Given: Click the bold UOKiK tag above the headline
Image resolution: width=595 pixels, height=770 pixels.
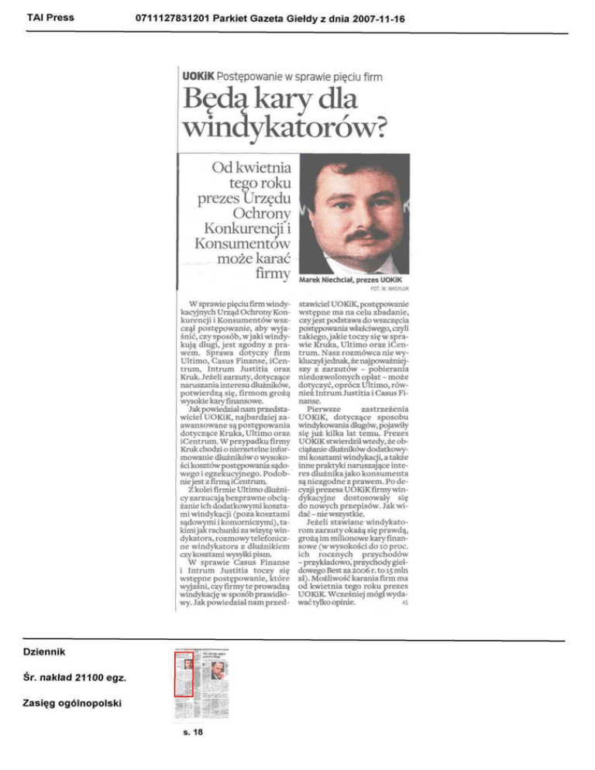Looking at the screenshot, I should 198,77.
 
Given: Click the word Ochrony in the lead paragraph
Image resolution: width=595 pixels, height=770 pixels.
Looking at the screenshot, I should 260,211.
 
